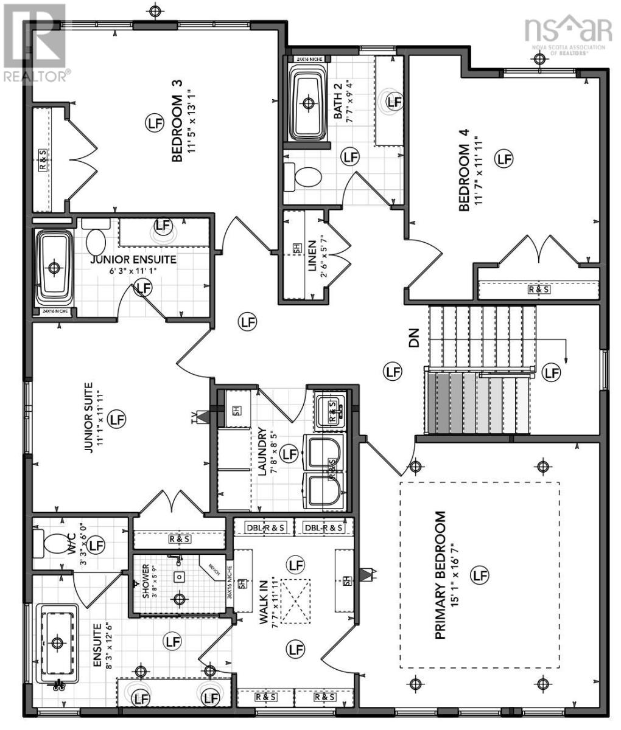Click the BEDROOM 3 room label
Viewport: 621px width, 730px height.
(178, 128)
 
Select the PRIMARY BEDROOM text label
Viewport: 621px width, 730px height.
(441, 575)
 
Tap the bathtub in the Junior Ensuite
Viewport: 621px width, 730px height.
(55, 268)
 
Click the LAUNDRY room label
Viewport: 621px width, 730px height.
(262, 451)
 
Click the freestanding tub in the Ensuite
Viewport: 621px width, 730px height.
(57, 643)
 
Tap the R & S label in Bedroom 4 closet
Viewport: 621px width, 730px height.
(538, 290)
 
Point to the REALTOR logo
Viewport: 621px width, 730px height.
(35, 43)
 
